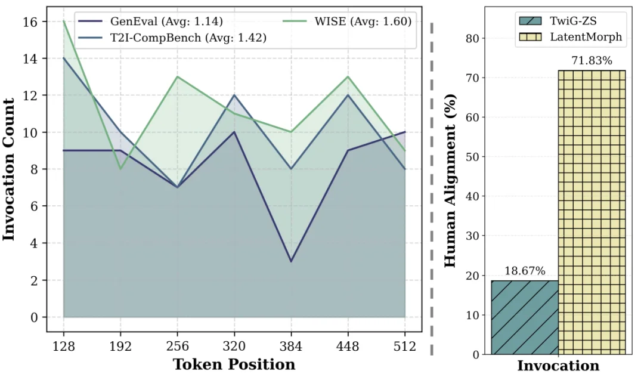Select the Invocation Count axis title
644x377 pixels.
[x=10, y=170]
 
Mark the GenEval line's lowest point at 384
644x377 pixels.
[x=291, y=261]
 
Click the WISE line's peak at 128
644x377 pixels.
[x=63, y=21]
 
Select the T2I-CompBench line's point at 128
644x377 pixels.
[x=63, y=58]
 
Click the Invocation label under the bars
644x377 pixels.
[x=558, y=366]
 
